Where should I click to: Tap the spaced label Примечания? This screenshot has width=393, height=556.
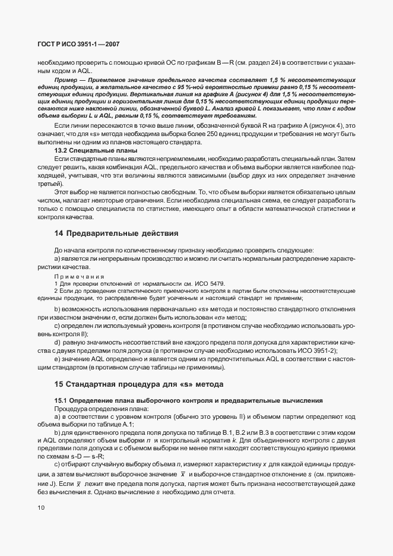tap(79, 277)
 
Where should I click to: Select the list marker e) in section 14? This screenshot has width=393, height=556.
tap(58, 359)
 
